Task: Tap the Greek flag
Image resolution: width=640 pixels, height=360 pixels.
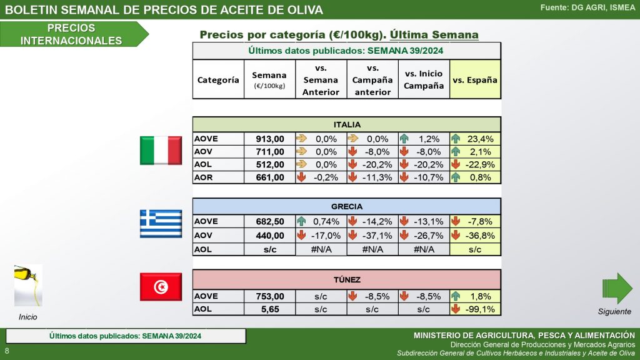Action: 161,223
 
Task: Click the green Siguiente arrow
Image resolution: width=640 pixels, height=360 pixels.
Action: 617,288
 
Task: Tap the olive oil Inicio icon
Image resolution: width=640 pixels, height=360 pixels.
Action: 28,286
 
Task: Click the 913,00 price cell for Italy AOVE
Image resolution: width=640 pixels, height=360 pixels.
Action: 270,139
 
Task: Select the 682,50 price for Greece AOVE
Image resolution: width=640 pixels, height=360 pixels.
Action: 270,221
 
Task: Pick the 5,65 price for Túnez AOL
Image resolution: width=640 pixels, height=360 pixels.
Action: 270,309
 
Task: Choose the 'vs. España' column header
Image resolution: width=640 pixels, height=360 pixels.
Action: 475,80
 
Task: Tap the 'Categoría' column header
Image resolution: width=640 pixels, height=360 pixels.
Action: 218,80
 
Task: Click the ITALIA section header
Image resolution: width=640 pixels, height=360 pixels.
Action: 346,124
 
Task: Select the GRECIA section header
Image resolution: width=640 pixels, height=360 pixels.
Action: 346,206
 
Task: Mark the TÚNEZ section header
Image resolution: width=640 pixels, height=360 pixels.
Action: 346,279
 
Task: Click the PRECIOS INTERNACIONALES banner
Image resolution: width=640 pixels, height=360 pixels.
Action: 72,34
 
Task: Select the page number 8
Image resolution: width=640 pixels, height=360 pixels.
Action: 7,351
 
